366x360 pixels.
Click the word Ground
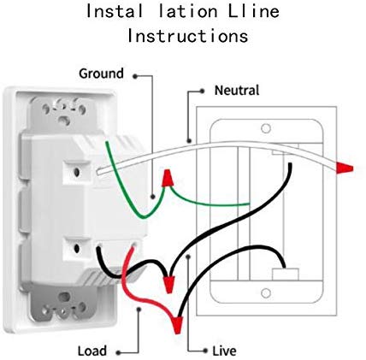tap(101, 74)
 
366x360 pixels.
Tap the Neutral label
tap(237, 91)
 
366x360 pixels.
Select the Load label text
tap(91, 351)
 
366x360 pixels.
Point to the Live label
tap(224, 351)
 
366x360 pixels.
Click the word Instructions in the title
tap(187, 37)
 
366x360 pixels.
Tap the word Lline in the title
tap(253, 11)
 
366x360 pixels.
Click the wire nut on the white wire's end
tap(345, 168)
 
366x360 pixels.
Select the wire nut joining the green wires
tap(168, 178)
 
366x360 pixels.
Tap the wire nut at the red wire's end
tap(178, 325)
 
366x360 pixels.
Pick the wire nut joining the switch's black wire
tap(170, 285)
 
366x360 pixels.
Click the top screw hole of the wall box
tap(266, 128)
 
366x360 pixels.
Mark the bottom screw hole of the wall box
tap(266, 293)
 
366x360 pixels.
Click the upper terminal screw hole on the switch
tap(76, 172)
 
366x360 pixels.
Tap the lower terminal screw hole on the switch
tap(77, 249)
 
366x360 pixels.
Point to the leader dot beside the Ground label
tap(135, 76)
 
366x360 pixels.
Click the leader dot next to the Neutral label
tap(202, 91)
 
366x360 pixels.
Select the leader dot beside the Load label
tap(118, 353)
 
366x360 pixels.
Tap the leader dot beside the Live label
tap(205, 351)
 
